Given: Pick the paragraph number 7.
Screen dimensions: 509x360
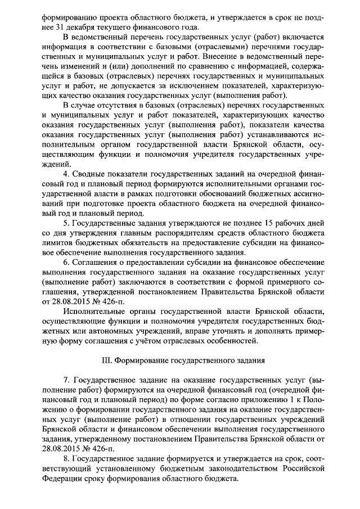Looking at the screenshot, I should click(66, 389).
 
